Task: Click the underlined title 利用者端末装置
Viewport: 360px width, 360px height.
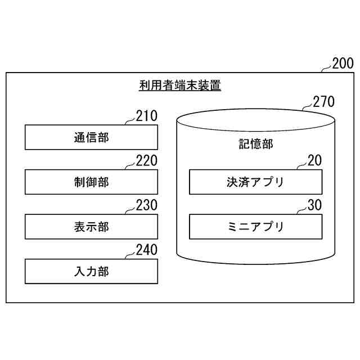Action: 180,86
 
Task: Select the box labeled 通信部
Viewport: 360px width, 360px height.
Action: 91,137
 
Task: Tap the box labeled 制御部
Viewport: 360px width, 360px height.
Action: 91,182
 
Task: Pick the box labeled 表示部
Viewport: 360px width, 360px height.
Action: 91,227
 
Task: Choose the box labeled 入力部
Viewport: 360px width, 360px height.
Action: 91,271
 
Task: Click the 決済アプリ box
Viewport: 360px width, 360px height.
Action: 255,182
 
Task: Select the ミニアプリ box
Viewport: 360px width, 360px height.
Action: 255,227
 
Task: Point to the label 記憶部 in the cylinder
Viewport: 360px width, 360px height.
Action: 256,144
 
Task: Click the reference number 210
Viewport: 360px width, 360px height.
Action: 147,116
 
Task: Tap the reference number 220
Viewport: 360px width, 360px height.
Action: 147,161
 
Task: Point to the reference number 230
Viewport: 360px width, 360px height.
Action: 147,206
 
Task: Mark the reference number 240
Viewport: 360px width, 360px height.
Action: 147,250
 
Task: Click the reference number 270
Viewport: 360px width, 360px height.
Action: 323,102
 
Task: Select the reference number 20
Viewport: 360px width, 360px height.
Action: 315,161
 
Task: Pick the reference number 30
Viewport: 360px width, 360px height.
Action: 315,206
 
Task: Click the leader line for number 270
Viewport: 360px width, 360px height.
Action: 306,106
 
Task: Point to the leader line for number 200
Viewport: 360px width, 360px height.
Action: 325,68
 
